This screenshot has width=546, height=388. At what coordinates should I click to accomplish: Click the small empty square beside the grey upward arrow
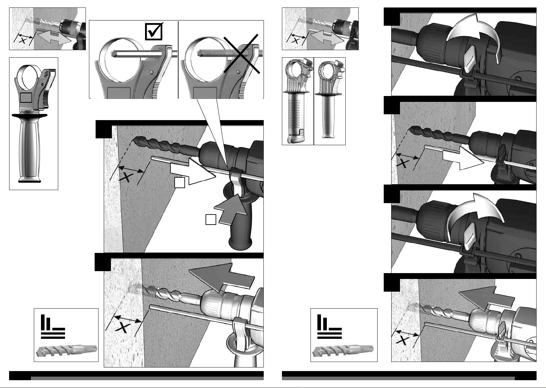tap(211, 220)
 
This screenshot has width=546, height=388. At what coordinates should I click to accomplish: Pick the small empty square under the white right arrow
tap(180, 183)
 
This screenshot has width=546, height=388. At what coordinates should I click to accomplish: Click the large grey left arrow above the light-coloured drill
tap(221, 275)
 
